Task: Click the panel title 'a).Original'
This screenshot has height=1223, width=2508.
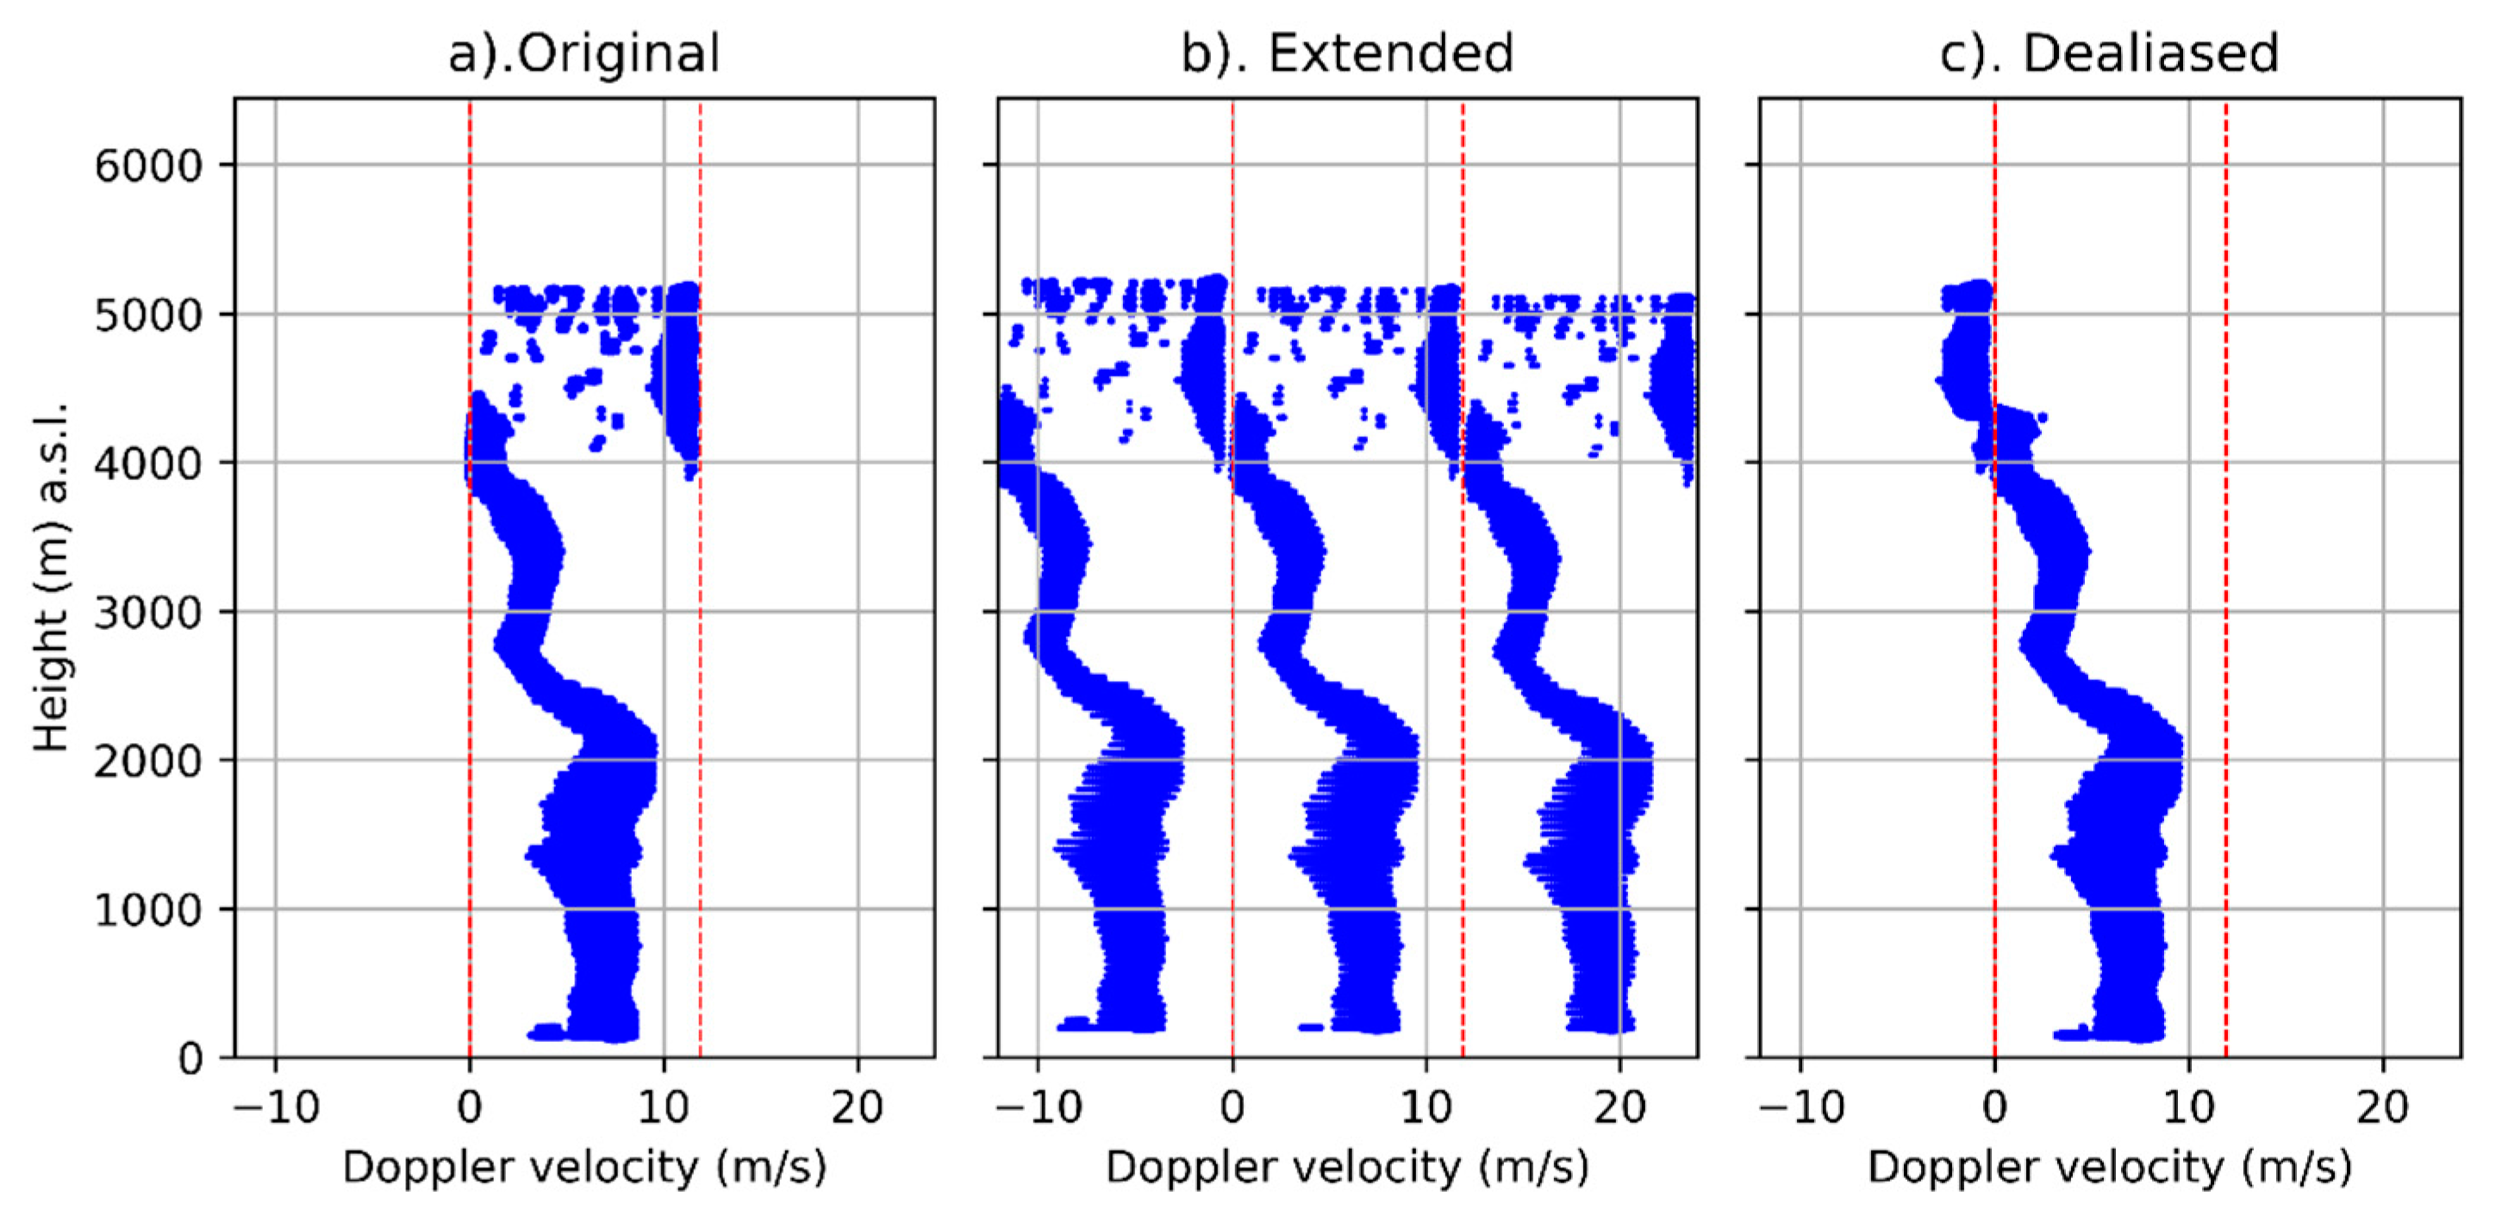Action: [x=584, y=53]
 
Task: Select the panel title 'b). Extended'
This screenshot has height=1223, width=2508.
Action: [x=1347, y=53]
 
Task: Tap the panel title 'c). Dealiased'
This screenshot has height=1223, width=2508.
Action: [x=2109, y=53]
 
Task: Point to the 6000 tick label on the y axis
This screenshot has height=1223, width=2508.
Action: [x=148, y=165]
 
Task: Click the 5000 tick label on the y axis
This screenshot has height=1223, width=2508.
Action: [x=148, y=315]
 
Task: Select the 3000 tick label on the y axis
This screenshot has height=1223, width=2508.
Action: [x=148, y=613]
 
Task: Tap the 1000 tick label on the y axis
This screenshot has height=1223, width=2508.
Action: [x=148, y=909]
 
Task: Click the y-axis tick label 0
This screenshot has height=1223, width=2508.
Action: [x=190, y=1058]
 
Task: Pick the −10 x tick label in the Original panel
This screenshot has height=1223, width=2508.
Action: [x=277, y=1108]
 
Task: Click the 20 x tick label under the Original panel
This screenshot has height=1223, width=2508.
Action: [x=858, y=1108]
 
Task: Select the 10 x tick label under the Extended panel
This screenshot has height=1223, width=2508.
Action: [x=1426, y=1108]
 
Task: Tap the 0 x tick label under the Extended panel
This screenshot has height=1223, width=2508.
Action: [x=1232, y=1108]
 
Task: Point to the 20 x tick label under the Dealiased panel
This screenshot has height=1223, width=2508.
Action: [x=2382, y=1108]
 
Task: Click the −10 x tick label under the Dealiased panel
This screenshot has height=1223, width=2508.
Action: [x=1801, y=1108]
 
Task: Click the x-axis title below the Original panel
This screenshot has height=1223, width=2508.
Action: [x=584, y=1166]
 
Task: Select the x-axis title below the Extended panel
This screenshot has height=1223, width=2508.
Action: [x=1347, y=1166]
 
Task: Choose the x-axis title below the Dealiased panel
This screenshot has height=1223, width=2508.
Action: [x=2109, y=1166]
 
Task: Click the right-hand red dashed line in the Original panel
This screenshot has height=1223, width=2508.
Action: [x=700, y=682]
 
